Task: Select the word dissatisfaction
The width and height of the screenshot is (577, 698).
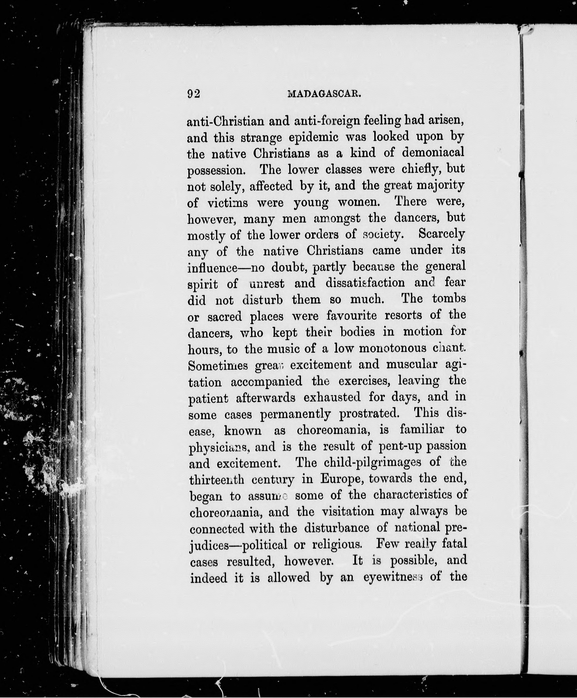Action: (365, 283)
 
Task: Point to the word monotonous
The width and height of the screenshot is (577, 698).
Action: (393, 348)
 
